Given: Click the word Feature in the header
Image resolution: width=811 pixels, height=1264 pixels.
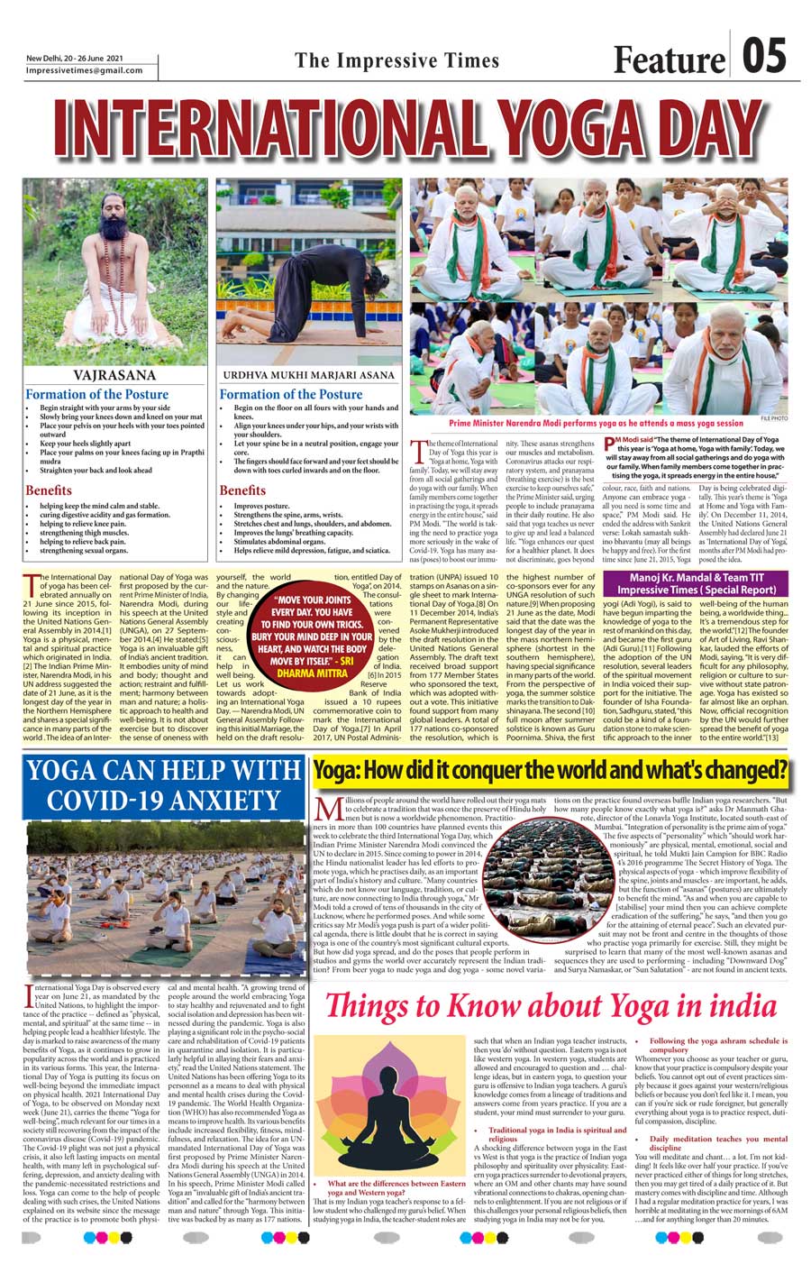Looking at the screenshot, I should point(669,60).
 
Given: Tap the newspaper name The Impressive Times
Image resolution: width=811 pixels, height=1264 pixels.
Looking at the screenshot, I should point(397,60).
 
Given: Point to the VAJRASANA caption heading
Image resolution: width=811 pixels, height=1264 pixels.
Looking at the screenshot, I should point(114,374).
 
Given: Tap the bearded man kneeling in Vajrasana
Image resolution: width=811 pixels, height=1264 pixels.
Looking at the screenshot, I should point(114,261).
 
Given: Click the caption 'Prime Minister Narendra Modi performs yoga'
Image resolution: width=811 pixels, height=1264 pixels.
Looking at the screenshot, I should point(597,422).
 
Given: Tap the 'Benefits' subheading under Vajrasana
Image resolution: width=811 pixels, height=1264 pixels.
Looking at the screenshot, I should point(49,490).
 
